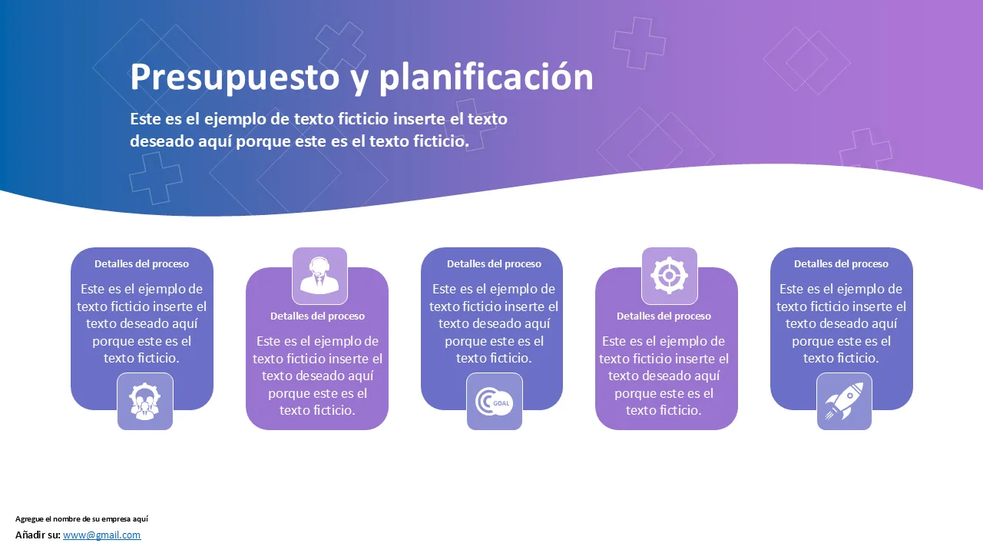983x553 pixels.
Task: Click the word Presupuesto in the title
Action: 235,78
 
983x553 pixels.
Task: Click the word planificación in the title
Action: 486,78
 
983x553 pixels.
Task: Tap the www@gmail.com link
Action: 102,535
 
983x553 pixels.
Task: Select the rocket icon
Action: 844,401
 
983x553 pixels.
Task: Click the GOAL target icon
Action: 494,402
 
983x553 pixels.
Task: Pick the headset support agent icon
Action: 319,276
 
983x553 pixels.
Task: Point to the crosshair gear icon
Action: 669,275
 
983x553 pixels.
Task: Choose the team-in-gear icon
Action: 145,401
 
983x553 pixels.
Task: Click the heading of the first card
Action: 142,263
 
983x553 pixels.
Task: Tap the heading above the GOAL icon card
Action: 494,263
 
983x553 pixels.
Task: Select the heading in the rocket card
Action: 841,263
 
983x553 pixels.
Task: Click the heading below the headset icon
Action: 317,316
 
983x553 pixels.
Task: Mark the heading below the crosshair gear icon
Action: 664,316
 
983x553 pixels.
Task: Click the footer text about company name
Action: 81,518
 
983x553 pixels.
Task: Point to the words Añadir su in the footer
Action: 38,535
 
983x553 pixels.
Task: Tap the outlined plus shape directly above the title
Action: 340,46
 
